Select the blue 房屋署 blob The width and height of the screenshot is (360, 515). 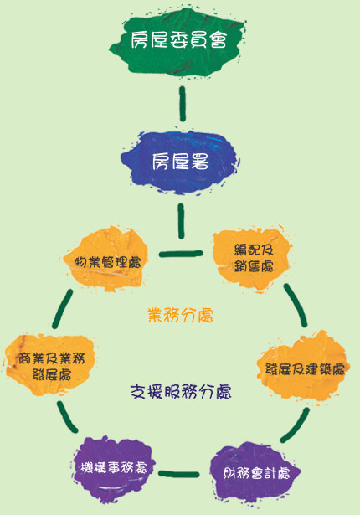[x=180, y=162]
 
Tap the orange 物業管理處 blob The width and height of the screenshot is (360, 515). [x=106, y=260]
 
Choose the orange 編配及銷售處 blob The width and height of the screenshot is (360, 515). [x=252, y=259]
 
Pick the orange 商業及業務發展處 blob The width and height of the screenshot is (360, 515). [x=50, y=365]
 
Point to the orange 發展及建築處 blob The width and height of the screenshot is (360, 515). [x=304, y=368]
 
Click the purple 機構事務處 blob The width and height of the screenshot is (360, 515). [x=113, y=468]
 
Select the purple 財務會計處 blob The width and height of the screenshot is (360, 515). [x=255, y=473]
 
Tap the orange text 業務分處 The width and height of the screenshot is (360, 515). [x=180, y=316]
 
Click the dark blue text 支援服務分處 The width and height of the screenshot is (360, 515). [x=181, y=391]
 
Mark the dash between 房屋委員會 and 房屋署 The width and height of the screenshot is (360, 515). [x=183, y=104]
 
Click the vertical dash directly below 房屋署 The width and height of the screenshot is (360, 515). [x=181, y=221]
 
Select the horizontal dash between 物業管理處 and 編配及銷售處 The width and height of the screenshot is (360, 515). [x=181, y=254]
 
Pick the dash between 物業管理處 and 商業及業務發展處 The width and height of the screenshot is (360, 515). [x=63, y=309]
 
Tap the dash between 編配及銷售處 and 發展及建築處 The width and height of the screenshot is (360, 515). [x=296, y=305]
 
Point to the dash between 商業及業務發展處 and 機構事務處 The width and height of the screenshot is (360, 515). [x=67, y=417]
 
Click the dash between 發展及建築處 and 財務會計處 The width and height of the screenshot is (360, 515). [x=296, y=425]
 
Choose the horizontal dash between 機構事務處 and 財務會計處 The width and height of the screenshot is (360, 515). [x=179, y=474]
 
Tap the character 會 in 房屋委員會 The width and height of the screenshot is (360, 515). [x=219, y=39]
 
